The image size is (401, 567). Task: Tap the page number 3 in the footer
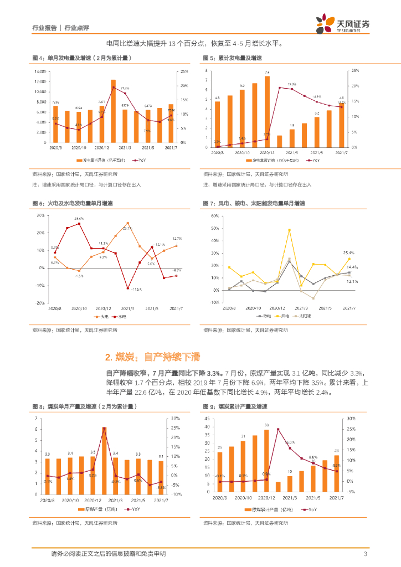(x=365, y=554)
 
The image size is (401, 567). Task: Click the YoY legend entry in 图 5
(x=313, y=161)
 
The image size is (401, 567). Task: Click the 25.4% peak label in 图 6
(x=79, y=219)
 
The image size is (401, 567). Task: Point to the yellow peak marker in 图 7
(x=289, y=230)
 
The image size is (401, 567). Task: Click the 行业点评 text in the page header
(x=77, y=27)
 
